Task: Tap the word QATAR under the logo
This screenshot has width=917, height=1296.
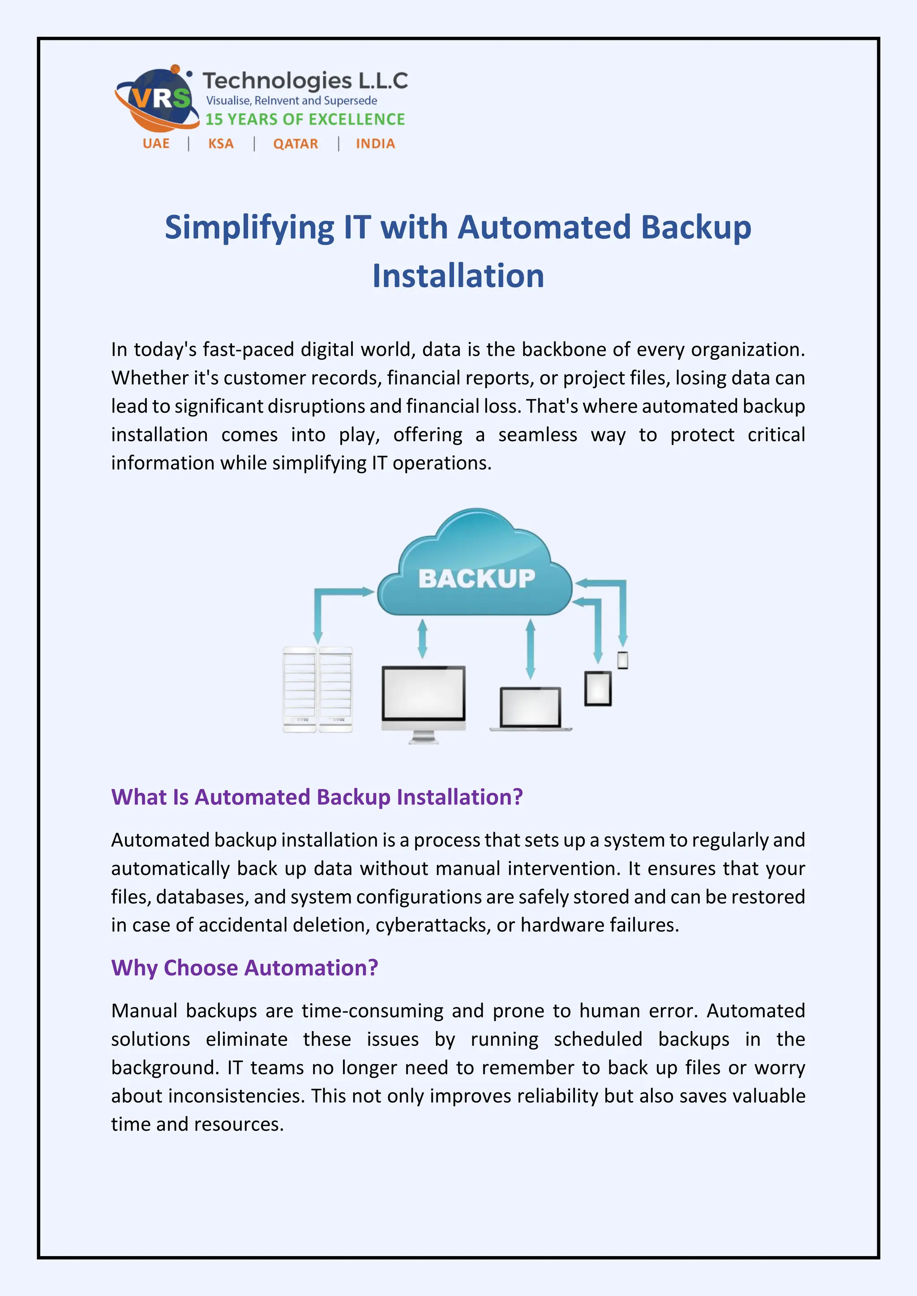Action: pyautogui.click(x=296, y=144)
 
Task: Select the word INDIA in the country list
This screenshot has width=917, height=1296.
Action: pyautogui.click(x=375, y=144)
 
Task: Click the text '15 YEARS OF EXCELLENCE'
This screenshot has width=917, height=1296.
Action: pyautogui.click(x=305, y=119)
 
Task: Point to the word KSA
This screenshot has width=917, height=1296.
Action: pyautogui.click(x=221, y=144)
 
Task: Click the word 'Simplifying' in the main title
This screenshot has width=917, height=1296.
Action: pyautogui.click(x=249, y=227)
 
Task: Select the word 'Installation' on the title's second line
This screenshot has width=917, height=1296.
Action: pyautogui.click(x=458, y=276)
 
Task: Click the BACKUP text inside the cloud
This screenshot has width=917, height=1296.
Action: pyautogui.click(x=476, y=579)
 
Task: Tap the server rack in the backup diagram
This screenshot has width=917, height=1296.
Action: pyautogui.click(x=317, y=689)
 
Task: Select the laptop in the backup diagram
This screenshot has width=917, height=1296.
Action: pyautogui.click(x=530, y=708)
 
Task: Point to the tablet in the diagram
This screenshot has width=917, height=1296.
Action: pyautogui.click(x=598, y=688)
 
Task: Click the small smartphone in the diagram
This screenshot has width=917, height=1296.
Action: pyautogui.click(x=623, y=660)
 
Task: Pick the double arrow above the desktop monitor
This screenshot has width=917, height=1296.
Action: pyautogui.click(x=422, y=639)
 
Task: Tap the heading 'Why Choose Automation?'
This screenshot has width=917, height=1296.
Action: pyautogui.click(x=244, y=968)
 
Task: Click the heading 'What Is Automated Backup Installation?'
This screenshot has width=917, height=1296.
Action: pyautogui.click(x=317, y=797)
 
